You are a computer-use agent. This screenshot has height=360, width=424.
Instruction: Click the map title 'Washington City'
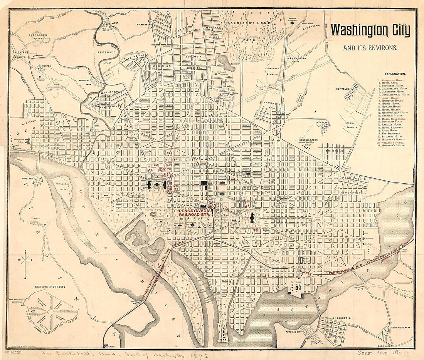point(370,31)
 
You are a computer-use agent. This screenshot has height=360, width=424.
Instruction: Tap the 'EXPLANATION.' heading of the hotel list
point(395,74)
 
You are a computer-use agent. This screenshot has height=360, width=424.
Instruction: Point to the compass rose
point(25,260)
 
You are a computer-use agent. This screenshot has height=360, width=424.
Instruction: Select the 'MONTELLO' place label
point(342,89)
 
